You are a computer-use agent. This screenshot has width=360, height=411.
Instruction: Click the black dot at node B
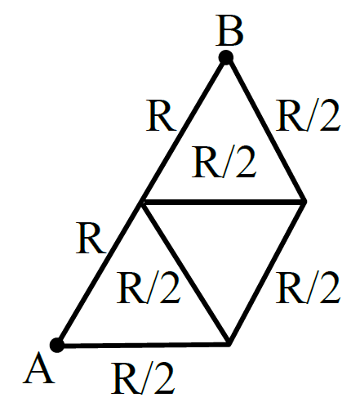[x=226, y=57]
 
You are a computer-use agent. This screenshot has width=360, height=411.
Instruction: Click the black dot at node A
[x=57, y=345]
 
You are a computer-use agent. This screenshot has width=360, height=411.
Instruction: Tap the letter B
[x=229, y=30]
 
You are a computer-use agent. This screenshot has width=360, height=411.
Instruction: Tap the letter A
[x=38, y=368]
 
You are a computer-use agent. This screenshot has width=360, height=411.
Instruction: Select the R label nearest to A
[x=91, y=239]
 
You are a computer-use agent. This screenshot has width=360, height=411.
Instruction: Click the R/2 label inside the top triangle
[x=224, y=162]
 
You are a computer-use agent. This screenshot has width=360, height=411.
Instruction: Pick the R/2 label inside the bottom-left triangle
[x=149, y=288]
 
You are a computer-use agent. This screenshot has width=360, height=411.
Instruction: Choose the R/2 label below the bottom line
[x=143, y=378]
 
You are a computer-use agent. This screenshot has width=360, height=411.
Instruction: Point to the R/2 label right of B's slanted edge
[x=308, y=115]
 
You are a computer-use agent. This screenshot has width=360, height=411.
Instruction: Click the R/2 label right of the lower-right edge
[x=308, y=288]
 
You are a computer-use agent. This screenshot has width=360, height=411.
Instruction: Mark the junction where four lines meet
[x=142, y=203]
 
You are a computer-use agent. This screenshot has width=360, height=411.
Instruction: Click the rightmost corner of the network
[x=304, y=202]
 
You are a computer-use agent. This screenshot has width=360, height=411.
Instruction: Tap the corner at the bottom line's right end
[x=229, y=344]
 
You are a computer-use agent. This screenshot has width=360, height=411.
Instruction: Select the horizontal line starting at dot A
[x=143, y=346]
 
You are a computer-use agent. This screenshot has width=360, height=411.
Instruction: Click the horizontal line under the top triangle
[x=224, y=203]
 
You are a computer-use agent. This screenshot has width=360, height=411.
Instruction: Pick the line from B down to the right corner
[x=265, y=130]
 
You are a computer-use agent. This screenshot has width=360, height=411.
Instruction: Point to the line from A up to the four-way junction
[x=100, y=274]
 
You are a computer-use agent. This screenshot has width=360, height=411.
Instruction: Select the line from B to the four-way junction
[x=184, y=130]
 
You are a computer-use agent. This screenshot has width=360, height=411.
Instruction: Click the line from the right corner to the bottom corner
[x=267, y=273]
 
